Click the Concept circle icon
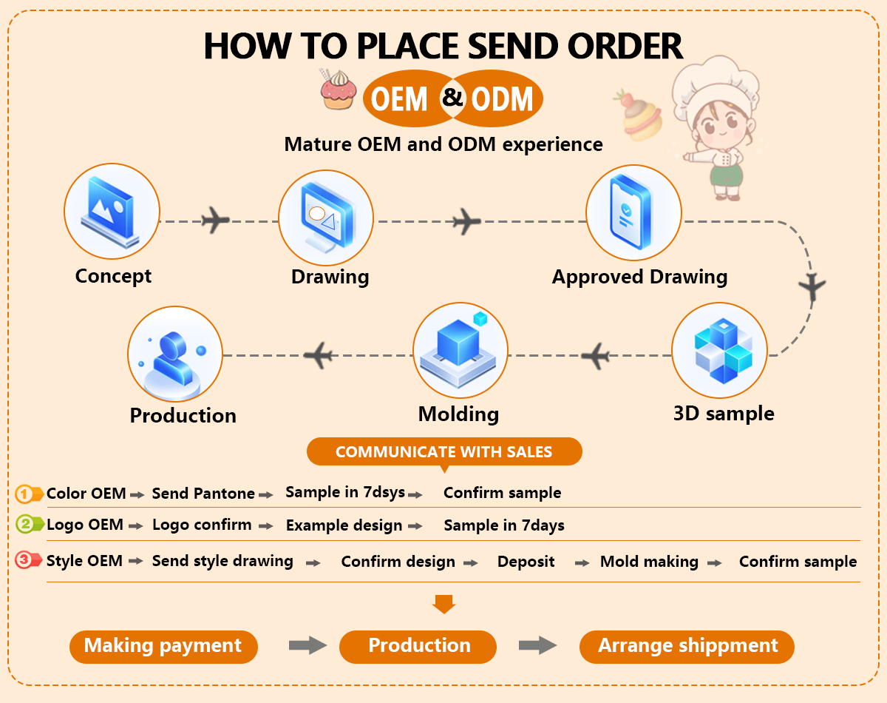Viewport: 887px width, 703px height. [112, 210]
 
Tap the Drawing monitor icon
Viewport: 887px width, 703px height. [326, 218]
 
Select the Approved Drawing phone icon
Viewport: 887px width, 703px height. [633, 212]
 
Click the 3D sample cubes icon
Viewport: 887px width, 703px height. [719, 349]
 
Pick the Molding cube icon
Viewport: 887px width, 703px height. [460, 350]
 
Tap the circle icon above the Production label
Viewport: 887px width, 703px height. [175, 354]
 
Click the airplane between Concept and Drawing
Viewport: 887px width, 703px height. [214, 221]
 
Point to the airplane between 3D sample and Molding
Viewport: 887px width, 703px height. [596, 357]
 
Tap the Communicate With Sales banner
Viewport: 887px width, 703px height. [444, 451]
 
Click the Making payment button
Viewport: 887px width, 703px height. [163, 646]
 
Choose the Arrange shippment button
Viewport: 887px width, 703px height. [687, 646]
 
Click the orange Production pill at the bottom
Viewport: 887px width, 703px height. [418, 646]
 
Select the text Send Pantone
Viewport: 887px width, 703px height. [203, 494]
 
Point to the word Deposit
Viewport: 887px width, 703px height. [526, 562]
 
